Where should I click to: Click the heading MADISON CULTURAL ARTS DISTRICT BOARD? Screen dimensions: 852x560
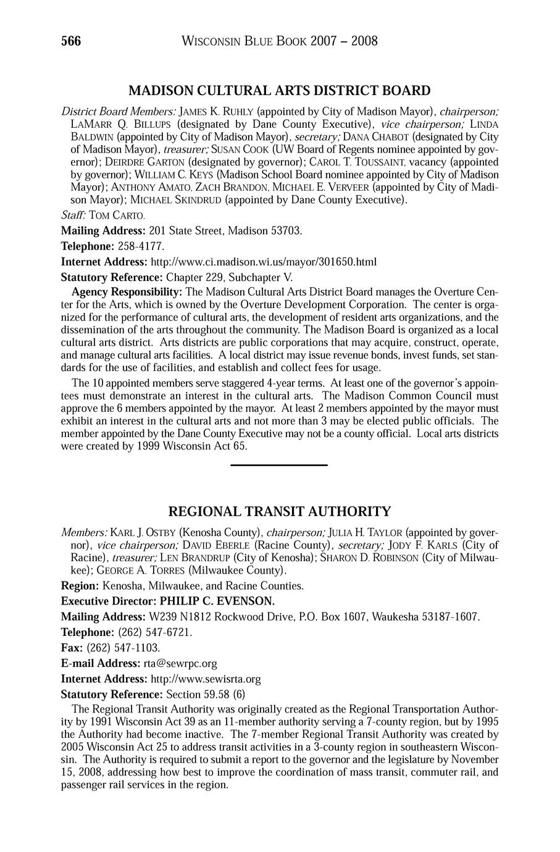(x=280, y=91)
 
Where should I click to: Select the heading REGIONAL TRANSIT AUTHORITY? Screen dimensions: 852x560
(x=280, y=511)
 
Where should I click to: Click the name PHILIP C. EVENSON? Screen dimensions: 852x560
(x=217, y=601)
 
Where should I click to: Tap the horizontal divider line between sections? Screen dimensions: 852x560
(x=278, y=464)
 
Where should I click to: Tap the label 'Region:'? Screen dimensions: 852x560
(x=80, y=585)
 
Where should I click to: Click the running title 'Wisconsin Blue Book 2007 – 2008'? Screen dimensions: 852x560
(x=280, y=41)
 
